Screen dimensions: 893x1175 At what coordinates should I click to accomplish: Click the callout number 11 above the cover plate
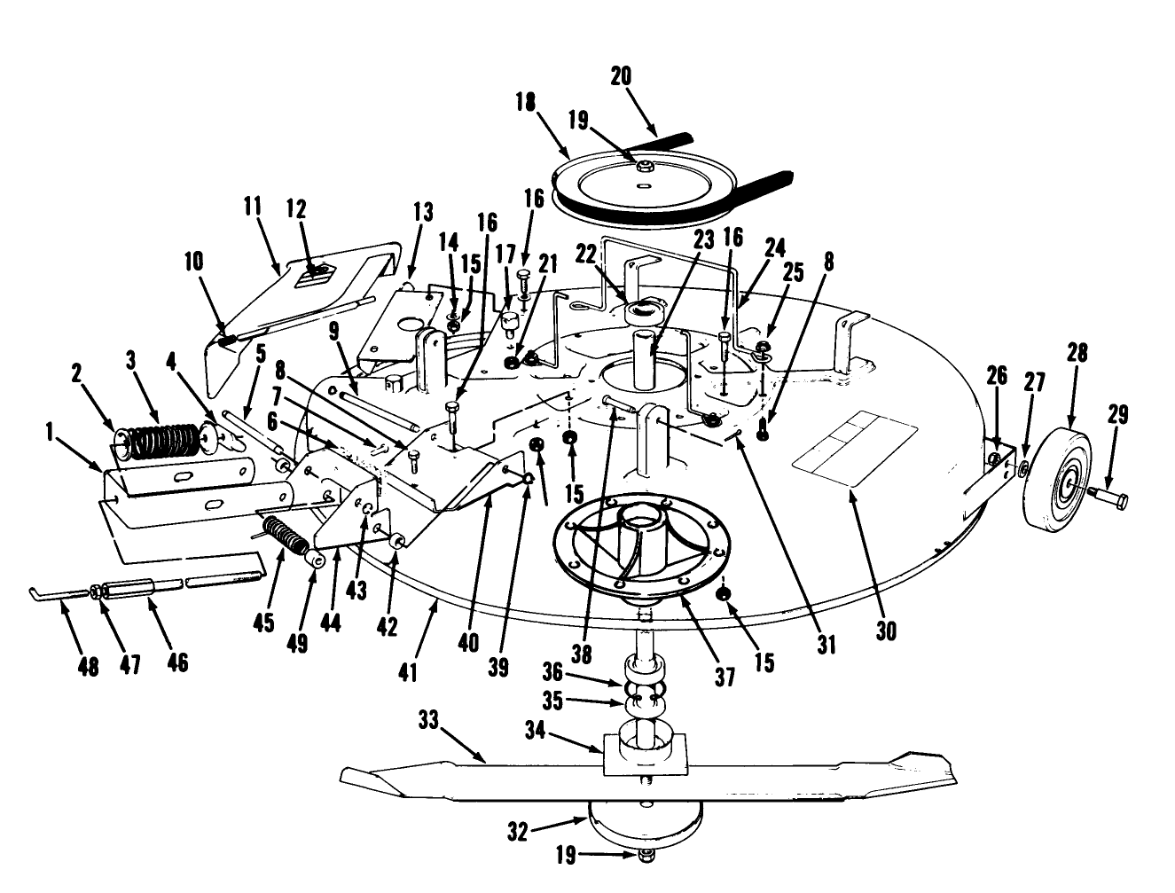pyautogui.click(x=253, y=208)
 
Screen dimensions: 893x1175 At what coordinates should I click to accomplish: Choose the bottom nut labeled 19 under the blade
pyautogui.click(x=647, y=856)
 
